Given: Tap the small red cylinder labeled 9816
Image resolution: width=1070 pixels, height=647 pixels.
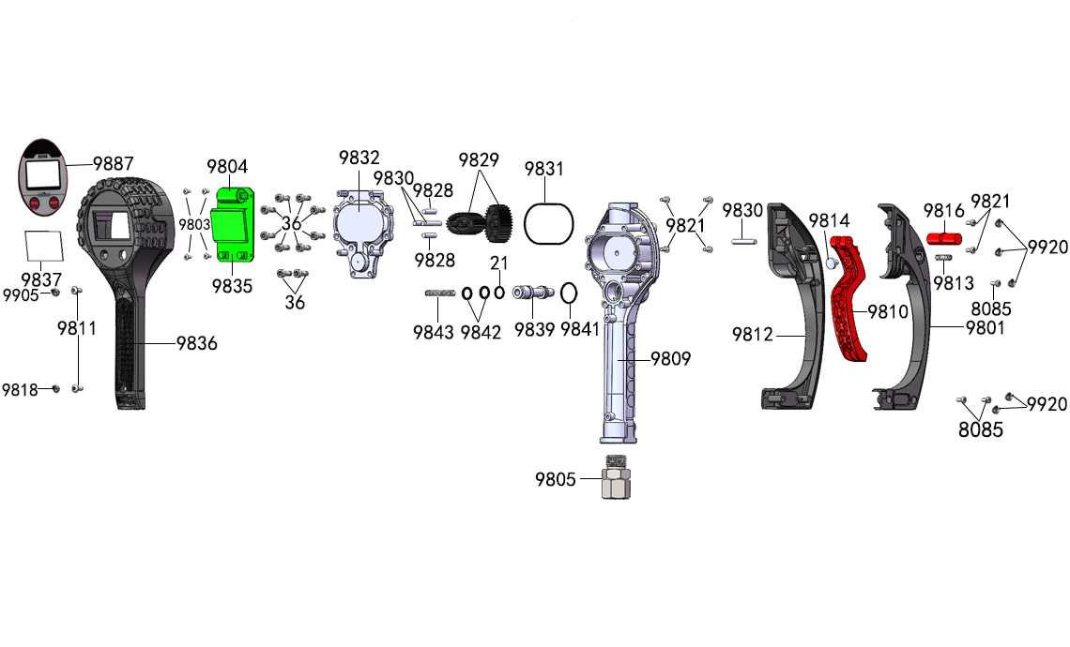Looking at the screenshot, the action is click(x=943, y=238).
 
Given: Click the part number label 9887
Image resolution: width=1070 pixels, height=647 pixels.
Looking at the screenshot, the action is click(x=114, y=163).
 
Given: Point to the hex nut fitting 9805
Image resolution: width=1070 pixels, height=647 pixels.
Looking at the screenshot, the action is click(x=617, y=477).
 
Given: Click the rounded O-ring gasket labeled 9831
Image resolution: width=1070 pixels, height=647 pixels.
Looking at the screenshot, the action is click(x=549, y=223).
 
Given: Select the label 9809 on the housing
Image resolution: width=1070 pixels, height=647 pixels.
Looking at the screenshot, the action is click(x=670, y=358).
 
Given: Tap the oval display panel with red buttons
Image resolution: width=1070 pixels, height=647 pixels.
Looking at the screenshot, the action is click(x=43, y=176).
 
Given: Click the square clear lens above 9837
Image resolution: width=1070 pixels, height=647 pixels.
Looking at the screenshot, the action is click(x=43, y=246).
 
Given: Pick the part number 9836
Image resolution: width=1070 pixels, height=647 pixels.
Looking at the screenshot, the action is click(x=196, y=343).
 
